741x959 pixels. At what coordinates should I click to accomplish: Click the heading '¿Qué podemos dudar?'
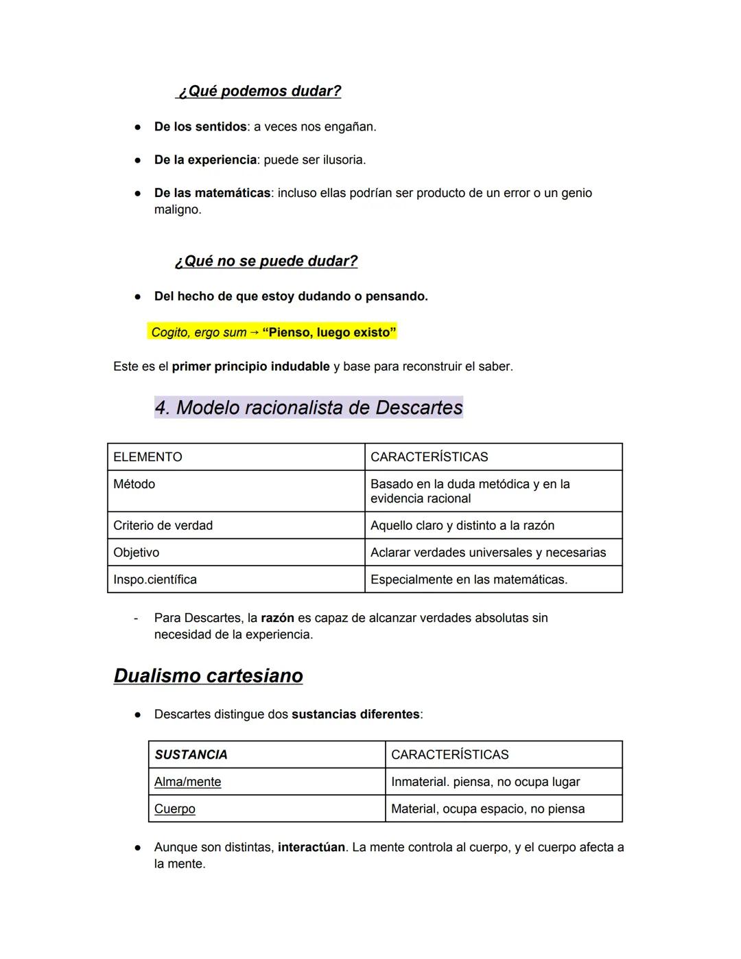(x=259, y=91)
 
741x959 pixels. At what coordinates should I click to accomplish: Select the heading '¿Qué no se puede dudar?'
(x=266, y=261)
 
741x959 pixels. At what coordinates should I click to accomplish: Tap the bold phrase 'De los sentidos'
(x=200, y=127)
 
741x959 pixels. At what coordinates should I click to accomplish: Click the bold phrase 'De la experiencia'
(x=205, y=160)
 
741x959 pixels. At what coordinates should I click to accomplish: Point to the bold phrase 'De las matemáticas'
(x=212, y=193)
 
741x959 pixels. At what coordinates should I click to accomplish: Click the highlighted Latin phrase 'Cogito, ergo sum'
(x=199, y=333)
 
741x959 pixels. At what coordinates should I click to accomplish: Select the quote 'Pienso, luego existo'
(x=329, y=333)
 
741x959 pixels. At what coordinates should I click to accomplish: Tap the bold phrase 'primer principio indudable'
(x=250, y=367)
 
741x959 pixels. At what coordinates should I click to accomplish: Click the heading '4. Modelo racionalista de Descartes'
(x=309, y=408)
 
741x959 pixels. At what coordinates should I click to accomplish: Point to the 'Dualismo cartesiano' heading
(x=209, y=676)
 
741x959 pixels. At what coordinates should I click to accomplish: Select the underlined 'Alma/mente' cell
(x=188, y=782)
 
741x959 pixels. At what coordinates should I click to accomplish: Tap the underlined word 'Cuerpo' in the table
(x=175, y=809)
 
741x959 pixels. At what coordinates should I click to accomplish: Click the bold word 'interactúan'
(x=311, y=848)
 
